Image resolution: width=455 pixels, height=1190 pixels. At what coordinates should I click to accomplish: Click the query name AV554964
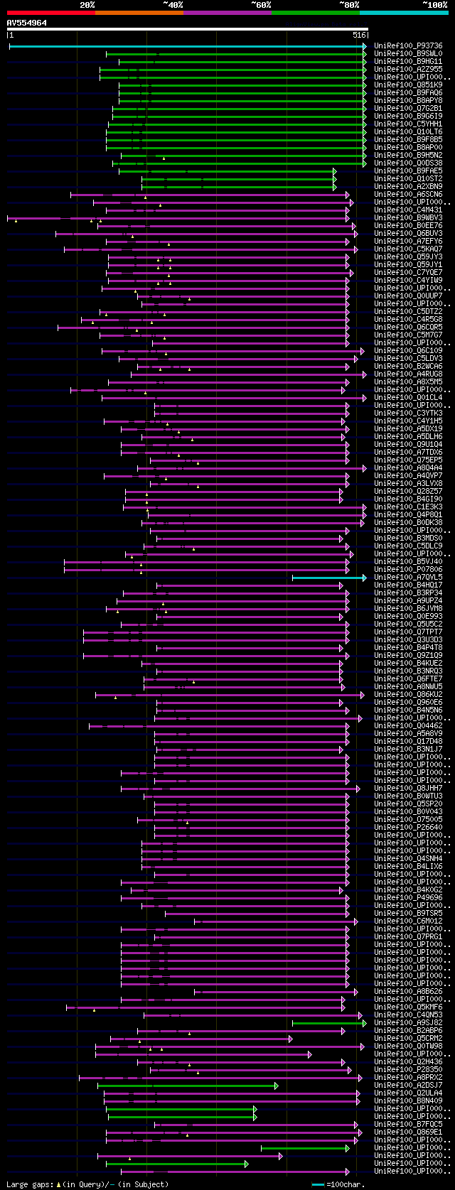pyautogui.click(x=27, y=23)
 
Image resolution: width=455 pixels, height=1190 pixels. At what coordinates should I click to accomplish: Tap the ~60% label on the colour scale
pyautogui.click(x=261, y=4)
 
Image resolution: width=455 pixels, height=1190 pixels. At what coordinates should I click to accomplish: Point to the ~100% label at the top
pyautogui.click(x=435, y=4)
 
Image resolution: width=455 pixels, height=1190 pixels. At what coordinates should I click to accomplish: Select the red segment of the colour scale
pyautogui.click(x=50, y=12)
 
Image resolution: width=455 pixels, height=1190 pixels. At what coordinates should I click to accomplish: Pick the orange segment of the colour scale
pyautogui.click(x=139, y=12)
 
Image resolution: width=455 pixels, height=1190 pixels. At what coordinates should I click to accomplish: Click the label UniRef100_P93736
pyautogui.click(x=408, y=45)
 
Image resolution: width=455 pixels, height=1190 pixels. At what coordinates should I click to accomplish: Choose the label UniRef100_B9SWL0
pyautogui.click(x=408, y=53)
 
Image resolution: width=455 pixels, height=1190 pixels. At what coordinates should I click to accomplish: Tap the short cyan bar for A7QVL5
pyautogui.click(x=328, y=578)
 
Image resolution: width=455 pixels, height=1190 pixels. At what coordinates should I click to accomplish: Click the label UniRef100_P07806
pyautogui.click(x=408, y=570)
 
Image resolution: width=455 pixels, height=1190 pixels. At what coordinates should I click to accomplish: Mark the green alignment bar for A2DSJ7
pyautogui.click(x=187, y=1086)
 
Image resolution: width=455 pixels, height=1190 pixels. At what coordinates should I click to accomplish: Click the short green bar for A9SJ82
pyautogui.click(x=328, y=1023)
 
